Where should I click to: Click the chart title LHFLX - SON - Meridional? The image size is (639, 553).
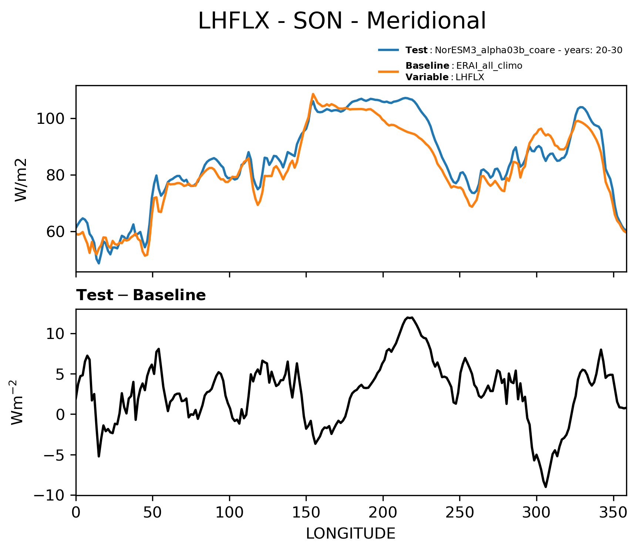click(342, 21)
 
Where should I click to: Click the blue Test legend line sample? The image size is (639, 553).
click(389, 50)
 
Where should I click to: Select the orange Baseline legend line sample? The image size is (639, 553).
click(389, 71)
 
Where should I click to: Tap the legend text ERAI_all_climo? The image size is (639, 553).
click(489, 66)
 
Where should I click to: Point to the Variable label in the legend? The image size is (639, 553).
click(427, 77)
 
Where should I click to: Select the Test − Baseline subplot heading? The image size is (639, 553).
click(141, 295)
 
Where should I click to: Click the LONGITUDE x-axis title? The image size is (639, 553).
click(351, 533)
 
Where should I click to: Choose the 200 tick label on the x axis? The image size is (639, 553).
click(383, 512)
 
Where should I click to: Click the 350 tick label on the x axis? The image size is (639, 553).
click(613, 512)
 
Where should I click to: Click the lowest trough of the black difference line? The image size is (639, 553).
click(546, 487)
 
